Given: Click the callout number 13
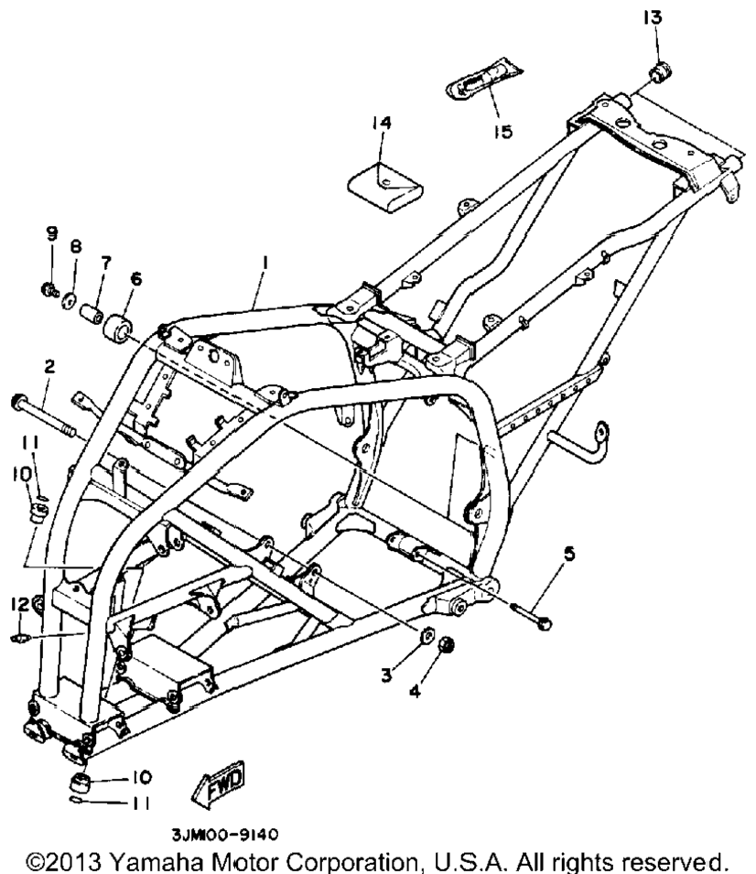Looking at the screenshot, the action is click(x=653, y=17).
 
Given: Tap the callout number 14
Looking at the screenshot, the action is click(x=382, y=122).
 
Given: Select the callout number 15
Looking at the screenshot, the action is click(x=502, y=132).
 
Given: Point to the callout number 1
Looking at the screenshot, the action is click(x=265, y=262).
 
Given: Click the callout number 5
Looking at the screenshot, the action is click(x=569, y=554).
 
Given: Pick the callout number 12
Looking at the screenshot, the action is click(x=19, y=604).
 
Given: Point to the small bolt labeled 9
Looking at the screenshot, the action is click(x=50, y=289).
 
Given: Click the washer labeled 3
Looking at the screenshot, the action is click(x=427, y=634).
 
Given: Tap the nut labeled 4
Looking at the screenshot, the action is click(x=446, y=645).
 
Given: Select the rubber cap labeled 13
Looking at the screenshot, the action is click(x=662, y=73).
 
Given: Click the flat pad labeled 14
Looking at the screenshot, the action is click(x=385, y=188).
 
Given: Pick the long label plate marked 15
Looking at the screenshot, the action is click(x=484, y=79).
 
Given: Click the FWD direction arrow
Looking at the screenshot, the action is click(x=218, y=783).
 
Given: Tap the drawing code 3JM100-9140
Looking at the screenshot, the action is click(x=224, y=835).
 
